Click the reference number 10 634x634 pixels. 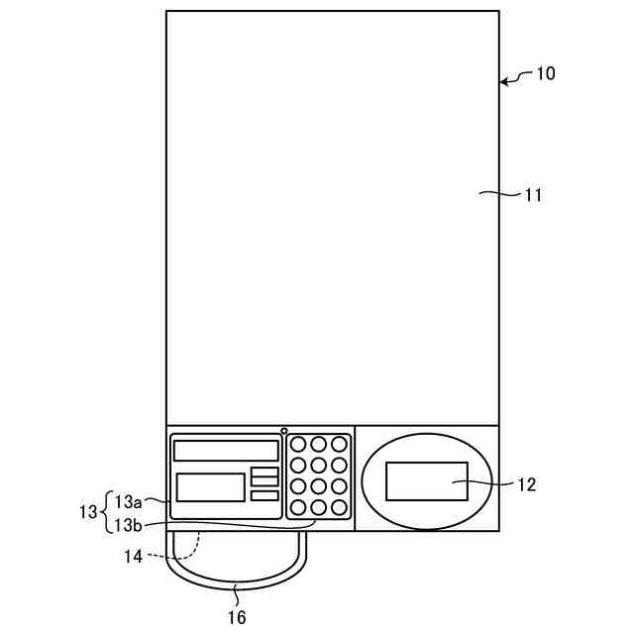[x=546, y=73]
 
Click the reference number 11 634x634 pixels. [x=533, y=195]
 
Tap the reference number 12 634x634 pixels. [x=526, y=484]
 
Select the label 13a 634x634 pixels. [x=130, y=500]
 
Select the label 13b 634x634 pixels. [x=130, y=524]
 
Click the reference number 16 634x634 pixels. [x=237, y=617]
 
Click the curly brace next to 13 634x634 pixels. [x=106, y=512]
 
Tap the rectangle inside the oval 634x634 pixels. [x=427, y=481]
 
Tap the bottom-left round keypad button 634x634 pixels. [x=298, y=507]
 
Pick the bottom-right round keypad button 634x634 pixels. [x=340, y=507]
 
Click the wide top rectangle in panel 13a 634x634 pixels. [x=226, y=451]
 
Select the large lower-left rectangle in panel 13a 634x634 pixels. [x=210, y=487]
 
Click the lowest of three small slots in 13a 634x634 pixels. [x=264, y=495]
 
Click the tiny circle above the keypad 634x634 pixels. [x=284, y=431]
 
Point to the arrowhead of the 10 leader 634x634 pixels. [x=503, y=83]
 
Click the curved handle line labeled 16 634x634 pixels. [x=237, y=586]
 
